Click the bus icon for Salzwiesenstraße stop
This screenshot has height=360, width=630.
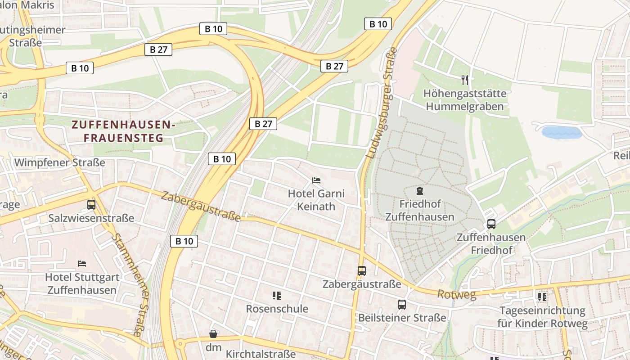pyautogui.click(x=91, y=205)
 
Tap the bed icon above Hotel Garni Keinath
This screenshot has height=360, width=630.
pyautogui.click(x=316, y=180)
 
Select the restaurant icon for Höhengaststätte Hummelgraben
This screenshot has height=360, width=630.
pyautogui.click(x=465, y=80)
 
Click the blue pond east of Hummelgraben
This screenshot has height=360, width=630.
pyautogui.click(x=562, y=132)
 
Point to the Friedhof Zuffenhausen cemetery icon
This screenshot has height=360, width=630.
pyautogui.click(x=420, y=191)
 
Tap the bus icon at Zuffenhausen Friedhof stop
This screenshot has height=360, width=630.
pyautogui.click(x=491, y=224)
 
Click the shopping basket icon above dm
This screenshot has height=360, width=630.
pyautogui.click(x=213, y=334)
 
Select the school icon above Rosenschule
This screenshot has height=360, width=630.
pyautogui.click(x=277, y=296)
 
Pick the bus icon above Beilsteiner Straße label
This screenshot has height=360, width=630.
pyautogui.click(x=402, y=305)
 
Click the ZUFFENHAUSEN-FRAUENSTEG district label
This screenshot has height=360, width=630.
pyautogui.click(x=122, y=131)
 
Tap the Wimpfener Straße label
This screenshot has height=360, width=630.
pyautogui.click(x=60, y=162)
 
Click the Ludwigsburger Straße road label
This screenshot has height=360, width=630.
pyautogui.click(x=382, y=103)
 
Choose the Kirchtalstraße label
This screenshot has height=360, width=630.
pyautogui.click(x=261, y=354)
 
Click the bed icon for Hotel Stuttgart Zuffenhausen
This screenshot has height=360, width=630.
pyautogui.click(x=82, y=263)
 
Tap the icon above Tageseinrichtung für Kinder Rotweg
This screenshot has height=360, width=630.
pyautogui.click(x=542, y=297)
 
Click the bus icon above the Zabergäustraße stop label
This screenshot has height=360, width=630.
pyautogui.click(x=362, y=270)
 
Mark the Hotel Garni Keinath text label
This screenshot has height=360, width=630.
pyautogui.click(x=316, y=200)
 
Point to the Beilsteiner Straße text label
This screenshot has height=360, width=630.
pyautogui.click(x=402, y=318)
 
